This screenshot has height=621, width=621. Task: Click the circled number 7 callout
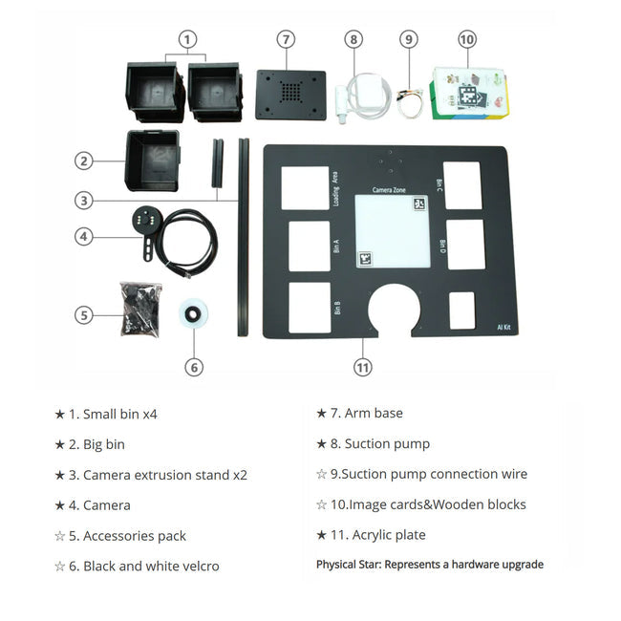pos(286,39)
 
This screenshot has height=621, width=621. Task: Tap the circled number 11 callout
pos(362,367)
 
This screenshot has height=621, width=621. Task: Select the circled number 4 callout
pos(84,236)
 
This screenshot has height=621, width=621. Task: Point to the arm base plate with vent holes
pos(290,94)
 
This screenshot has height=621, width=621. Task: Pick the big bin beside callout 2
pos(152,161)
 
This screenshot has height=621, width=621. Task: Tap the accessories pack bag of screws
pos(139,308)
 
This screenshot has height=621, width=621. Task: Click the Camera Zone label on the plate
pos(389,190)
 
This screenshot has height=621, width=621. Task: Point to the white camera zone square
pos(391,232)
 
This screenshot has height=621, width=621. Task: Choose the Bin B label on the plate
pos(337,308)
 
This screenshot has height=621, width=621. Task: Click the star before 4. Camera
pos(59,505)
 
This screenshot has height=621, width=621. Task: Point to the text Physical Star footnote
pos(429,565)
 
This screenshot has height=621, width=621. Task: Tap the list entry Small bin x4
pos(119,414)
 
